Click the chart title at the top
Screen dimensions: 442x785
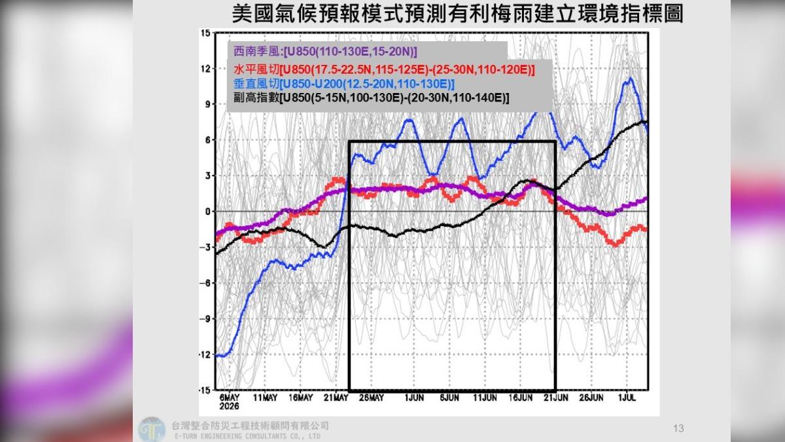(458, 14)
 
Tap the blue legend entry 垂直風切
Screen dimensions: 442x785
(344, 84)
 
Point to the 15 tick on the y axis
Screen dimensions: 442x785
(205, 33)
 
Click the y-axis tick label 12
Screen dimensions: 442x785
(205, 69)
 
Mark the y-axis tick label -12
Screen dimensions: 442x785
(204, 355)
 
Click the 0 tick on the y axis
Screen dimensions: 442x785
(207, 212)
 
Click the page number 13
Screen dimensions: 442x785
(678, 429)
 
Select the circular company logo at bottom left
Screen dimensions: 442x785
(151, 429)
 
